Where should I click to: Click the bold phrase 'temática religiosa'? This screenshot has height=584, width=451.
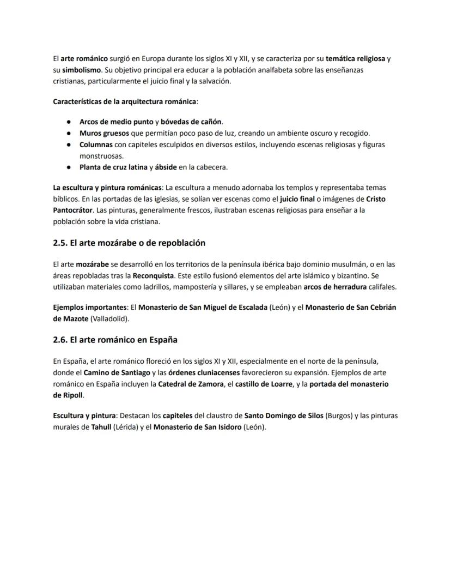click(x=355, y=58)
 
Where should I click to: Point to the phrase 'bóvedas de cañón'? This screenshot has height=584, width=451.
click(x=191, y=122)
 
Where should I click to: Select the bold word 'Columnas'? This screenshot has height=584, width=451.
click(x=96, y=145)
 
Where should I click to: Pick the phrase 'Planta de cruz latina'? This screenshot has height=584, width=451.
click(x=113, y=167)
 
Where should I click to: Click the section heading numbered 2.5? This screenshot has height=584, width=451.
click(x=129, y=243)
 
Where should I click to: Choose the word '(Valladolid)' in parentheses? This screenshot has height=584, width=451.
click(x=109, y=318)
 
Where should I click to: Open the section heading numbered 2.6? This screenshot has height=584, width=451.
click(x=115, y=340)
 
